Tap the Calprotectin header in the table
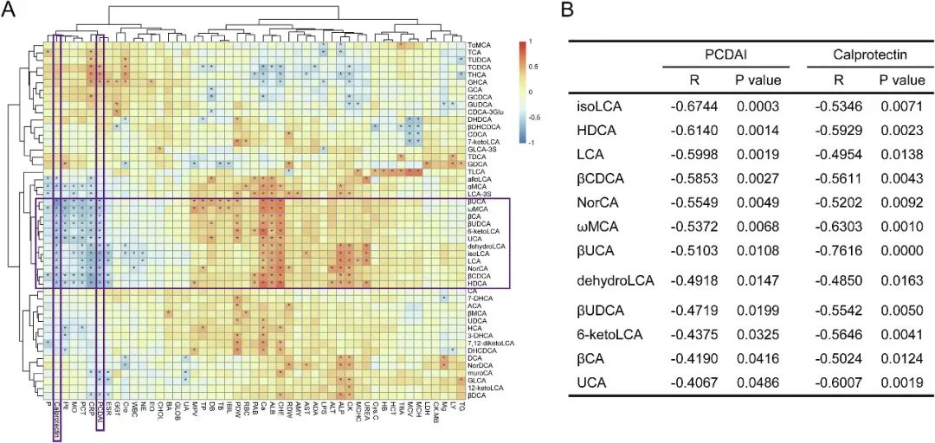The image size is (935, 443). [866, 54]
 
